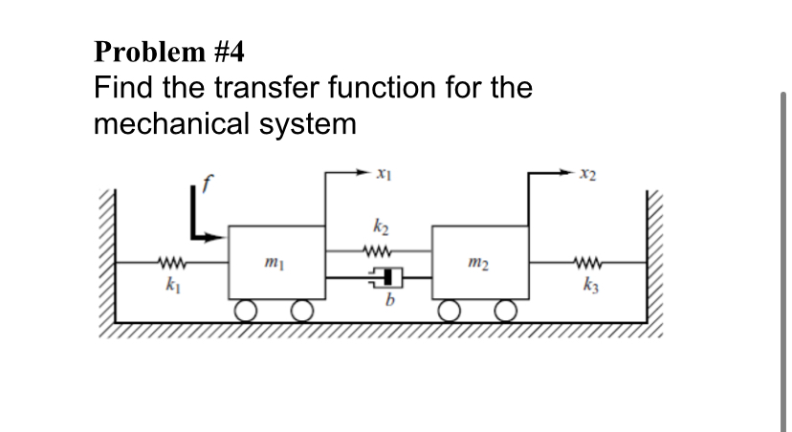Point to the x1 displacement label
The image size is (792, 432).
(x=383, y=174)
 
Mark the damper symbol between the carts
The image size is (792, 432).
(x=380, y=278)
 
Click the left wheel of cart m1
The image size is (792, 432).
(x=248, y=312)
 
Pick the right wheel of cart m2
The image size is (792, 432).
(x=507, y=312)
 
